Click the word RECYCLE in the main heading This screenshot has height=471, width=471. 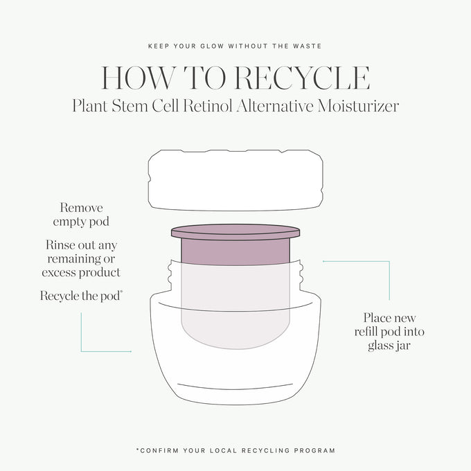302,78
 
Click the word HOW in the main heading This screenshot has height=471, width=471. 138,78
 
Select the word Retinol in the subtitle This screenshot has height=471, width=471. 208,106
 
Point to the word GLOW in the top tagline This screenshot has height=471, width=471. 212,46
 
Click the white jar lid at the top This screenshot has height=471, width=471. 235,180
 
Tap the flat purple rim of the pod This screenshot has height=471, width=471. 235,232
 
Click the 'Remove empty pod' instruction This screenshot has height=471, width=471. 81,215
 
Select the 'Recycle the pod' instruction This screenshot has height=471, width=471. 80,296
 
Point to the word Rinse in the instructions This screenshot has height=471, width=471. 60,245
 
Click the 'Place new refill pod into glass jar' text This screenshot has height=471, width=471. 389,332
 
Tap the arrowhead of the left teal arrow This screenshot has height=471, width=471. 130,351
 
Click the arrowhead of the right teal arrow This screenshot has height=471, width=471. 324,261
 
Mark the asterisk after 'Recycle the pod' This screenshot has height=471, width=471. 121,292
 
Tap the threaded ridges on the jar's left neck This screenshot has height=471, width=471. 170,274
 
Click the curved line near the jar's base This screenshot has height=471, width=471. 235,387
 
